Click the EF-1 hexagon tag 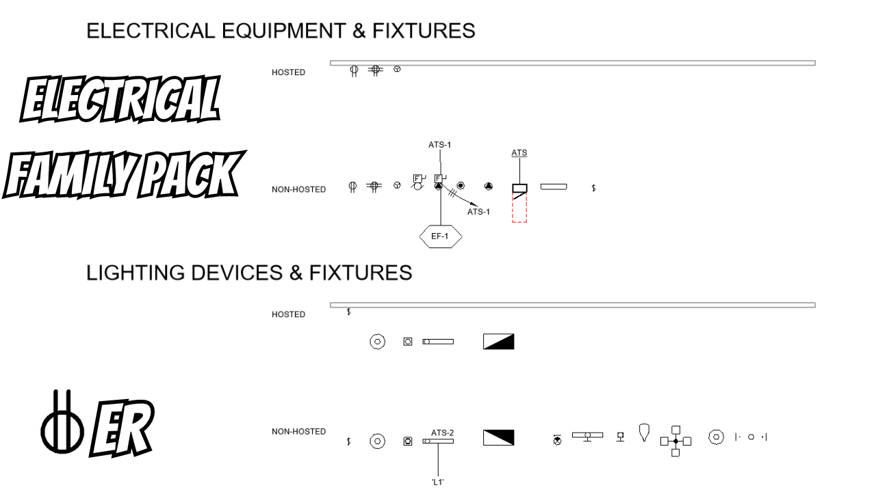click(x=440, y=236)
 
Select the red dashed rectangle click(x=519, y=208)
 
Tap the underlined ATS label click(x=519, y=153)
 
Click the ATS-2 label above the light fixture click(x=443, y=433)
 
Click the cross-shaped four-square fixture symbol click(x=675, y=441)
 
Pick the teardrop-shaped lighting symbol click(x=643, y=431)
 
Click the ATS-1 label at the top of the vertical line click(x=439, y=144)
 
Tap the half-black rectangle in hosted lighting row click(x=498, y=342)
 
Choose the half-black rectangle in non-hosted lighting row click(x=498, y=437)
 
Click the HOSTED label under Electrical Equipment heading click(x=289, y=72)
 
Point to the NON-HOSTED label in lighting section click(x=299, y=432)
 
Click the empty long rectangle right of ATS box click(x=554, y=187)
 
